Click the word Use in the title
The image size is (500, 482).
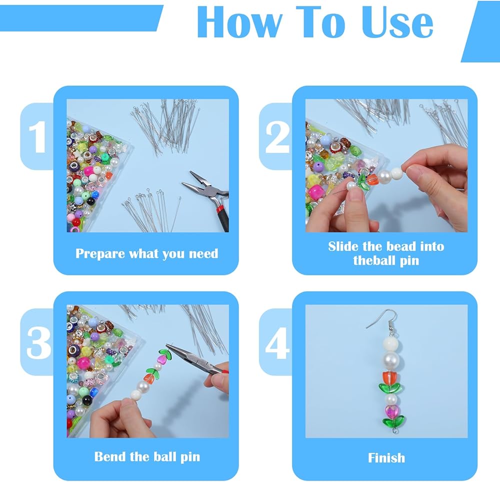(x=397, y=22)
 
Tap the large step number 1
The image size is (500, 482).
(x=37, y=137)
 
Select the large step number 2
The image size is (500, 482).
(x=277, y=137)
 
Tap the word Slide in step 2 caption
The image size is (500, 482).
(x=343, y=246)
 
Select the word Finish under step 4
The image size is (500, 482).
(x=386, y=458)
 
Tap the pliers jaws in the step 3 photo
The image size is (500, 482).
(x=178, y=353)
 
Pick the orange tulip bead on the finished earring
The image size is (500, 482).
(x=390, y=377)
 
